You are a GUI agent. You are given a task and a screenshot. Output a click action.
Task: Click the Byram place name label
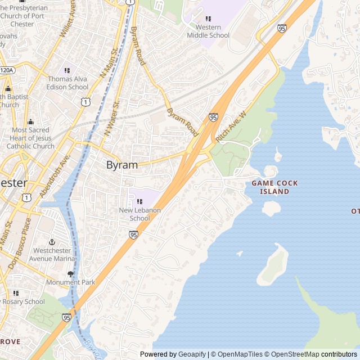[122, 165]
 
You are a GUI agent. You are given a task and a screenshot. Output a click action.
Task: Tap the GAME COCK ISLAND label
[274, 187]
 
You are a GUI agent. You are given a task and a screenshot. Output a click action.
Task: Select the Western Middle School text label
[208, 31]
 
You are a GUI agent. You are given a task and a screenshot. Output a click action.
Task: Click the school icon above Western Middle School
[208, 19]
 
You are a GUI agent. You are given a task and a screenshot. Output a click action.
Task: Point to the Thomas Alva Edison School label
[67, 83]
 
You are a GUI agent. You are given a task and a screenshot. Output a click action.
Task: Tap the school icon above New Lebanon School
[139, 201]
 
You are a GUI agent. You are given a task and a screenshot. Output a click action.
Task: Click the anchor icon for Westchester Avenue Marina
[52, 241]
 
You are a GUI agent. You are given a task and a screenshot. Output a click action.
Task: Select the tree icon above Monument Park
[70, 274]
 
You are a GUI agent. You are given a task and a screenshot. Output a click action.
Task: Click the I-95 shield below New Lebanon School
[133, 235]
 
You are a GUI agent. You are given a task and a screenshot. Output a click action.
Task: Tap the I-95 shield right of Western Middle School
[282, 28]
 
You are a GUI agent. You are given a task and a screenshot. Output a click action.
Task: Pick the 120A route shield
[6, 70]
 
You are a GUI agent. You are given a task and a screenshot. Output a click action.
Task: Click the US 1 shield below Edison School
[84, 101]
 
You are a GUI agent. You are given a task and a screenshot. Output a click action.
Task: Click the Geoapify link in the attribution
[192, 354]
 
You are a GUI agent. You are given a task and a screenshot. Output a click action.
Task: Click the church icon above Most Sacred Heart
[30, 122]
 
